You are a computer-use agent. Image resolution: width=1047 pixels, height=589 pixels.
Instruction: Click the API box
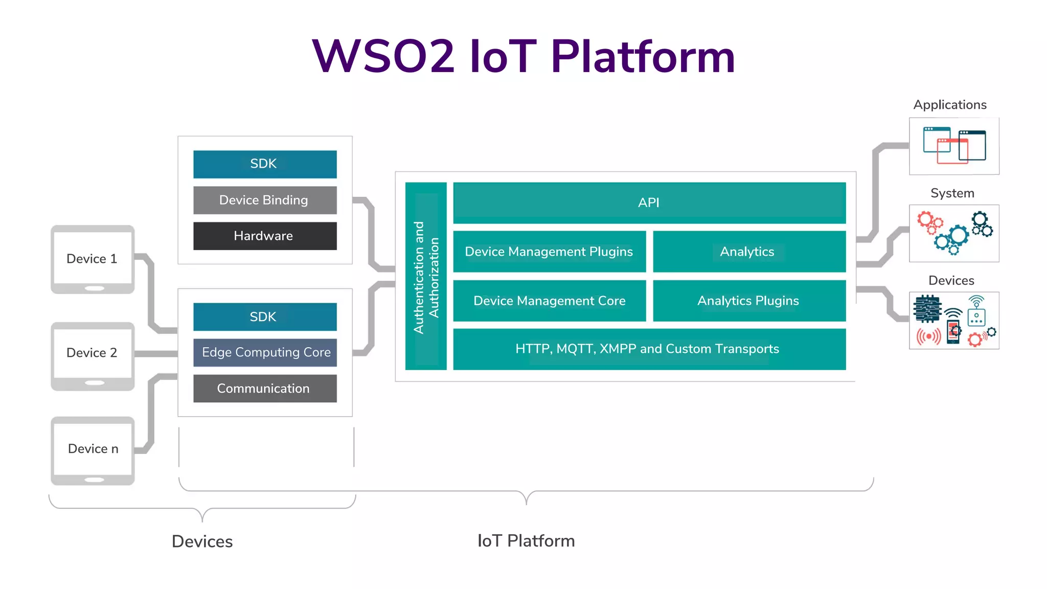click(649, 202)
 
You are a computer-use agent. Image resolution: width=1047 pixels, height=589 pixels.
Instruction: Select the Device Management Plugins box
click(549, 252)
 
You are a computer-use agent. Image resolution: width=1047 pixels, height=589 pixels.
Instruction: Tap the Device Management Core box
click(549, 301)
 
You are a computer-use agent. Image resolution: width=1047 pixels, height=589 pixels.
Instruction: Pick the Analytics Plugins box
click(749, 301)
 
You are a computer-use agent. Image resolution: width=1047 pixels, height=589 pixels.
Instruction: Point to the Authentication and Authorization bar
click(426, 276)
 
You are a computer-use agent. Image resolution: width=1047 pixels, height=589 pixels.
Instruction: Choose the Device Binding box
click(264, 200)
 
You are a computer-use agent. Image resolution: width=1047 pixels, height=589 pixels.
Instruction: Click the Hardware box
click(264, 236)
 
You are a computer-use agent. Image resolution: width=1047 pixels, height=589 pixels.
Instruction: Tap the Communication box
click(264, 388)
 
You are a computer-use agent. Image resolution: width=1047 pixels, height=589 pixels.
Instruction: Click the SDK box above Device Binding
click(264, 164)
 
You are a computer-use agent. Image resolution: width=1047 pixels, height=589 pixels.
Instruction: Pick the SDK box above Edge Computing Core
click(264, 316)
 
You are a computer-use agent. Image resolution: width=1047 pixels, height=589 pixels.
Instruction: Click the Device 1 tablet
click(93, 259)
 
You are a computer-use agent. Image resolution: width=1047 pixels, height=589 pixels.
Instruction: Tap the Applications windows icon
click(954, 146)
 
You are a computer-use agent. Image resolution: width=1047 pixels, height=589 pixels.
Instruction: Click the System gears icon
click(954, 233)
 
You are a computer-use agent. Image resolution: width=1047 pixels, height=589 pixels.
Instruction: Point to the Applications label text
click(950, 105)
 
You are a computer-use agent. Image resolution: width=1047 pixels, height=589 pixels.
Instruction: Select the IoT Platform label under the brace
click(526, 541)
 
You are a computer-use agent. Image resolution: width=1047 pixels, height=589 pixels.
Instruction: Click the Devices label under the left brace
click(202, 541)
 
